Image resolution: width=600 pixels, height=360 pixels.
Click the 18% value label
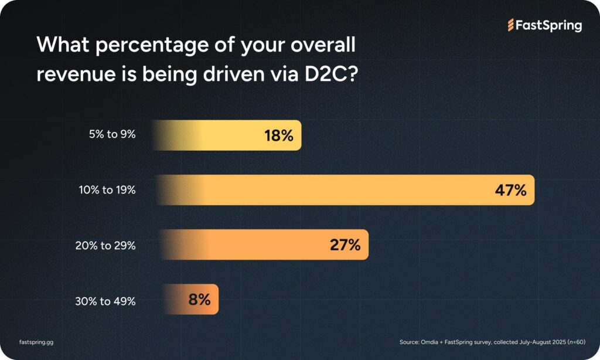click(278, 136)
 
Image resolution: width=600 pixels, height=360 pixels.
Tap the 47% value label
click(511, 190)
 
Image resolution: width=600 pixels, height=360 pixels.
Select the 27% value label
click(345, 244)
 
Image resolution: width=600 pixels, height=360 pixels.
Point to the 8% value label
click(199, 299)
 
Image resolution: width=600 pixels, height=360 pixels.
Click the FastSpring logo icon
click(510, 25)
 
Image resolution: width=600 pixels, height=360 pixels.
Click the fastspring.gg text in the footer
click(36, 341)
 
